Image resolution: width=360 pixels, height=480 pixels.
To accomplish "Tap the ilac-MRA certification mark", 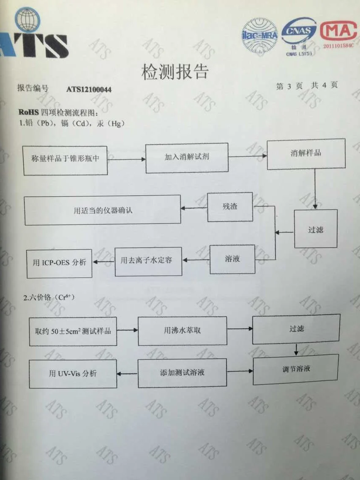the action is click(259, 35).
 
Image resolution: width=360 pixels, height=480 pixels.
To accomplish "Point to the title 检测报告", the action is click(175, 72).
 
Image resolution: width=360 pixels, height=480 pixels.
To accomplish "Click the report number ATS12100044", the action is click(89, 89).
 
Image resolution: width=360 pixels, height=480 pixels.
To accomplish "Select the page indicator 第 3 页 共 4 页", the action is click(307, 85).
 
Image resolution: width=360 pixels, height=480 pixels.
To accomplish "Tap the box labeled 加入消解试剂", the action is click(187, 157).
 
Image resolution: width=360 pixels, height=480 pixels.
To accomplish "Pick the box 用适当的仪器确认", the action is click(103, 210).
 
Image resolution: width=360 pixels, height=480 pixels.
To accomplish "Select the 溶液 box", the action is click(232, 259).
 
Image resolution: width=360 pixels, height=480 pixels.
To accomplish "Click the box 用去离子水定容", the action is click(148, 261).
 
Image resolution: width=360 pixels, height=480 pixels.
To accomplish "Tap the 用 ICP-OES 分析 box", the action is click(59, 263).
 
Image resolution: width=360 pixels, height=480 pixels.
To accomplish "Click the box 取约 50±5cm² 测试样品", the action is click(73, 330).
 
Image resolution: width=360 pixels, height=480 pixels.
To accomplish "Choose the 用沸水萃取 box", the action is click(183, 330).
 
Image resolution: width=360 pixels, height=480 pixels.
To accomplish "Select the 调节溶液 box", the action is click(296, 369).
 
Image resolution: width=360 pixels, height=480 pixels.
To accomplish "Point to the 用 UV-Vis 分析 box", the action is click(73, 374).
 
